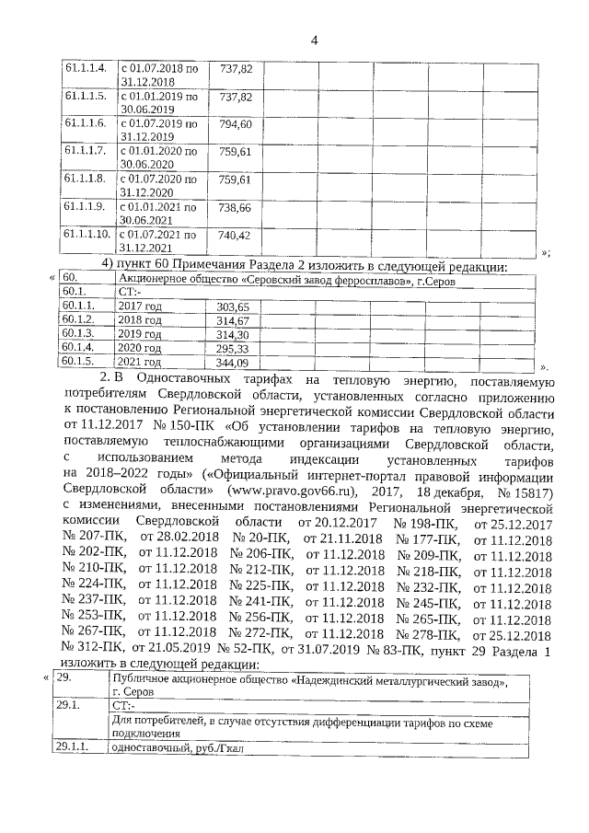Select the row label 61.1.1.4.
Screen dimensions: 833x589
(x=86, y=69)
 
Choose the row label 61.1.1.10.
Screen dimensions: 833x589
(x=87, y=236)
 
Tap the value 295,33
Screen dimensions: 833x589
(x=232, y=348)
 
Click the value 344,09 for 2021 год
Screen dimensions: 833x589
(x=232, y=363)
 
